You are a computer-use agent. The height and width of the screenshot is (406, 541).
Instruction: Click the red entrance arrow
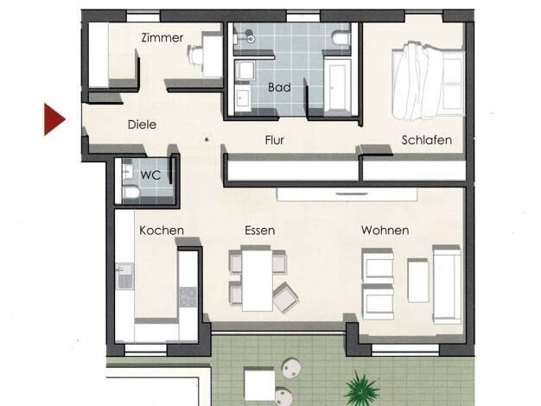(x=54, y=119)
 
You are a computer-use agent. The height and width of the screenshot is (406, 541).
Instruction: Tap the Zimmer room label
(x=162, y=38)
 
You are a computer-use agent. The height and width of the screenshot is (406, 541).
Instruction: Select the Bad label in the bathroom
(x=279, y=87)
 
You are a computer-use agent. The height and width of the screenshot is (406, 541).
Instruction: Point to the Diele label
(x=142, y=124)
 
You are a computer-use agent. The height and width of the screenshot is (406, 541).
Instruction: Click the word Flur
(x=275, y=140)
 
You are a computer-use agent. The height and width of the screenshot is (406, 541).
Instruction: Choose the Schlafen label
(x=427, y=140)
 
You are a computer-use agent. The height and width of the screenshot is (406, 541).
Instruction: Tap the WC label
(x=150, y=174)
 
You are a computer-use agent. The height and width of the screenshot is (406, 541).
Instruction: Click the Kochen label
(x=162, y=231)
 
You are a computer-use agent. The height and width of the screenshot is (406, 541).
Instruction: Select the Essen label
(x=260, y=231)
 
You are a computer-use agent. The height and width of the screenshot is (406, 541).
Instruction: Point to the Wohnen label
(x=385, y=231)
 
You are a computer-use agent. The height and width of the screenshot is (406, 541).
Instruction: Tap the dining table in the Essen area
(x=257, y=280)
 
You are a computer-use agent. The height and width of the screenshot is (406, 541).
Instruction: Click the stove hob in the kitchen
(x=188, y=297)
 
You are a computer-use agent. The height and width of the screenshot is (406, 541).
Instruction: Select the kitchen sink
(x=125, y=276)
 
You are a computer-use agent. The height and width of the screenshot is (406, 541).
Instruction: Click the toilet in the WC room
(x=130, y=193)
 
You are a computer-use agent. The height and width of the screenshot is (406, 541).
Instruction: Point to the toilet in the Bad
(x=341, y=38)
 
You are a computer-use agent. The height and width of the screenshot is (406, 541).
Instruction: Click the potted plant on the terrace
(x=361, y=390)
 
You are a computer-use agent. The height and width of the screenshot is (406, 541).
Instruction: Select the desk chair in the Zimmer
(x=195, y=54)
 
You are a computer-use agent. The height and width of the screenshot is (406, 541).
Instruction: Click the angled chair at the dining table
(x=286, y=297)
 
